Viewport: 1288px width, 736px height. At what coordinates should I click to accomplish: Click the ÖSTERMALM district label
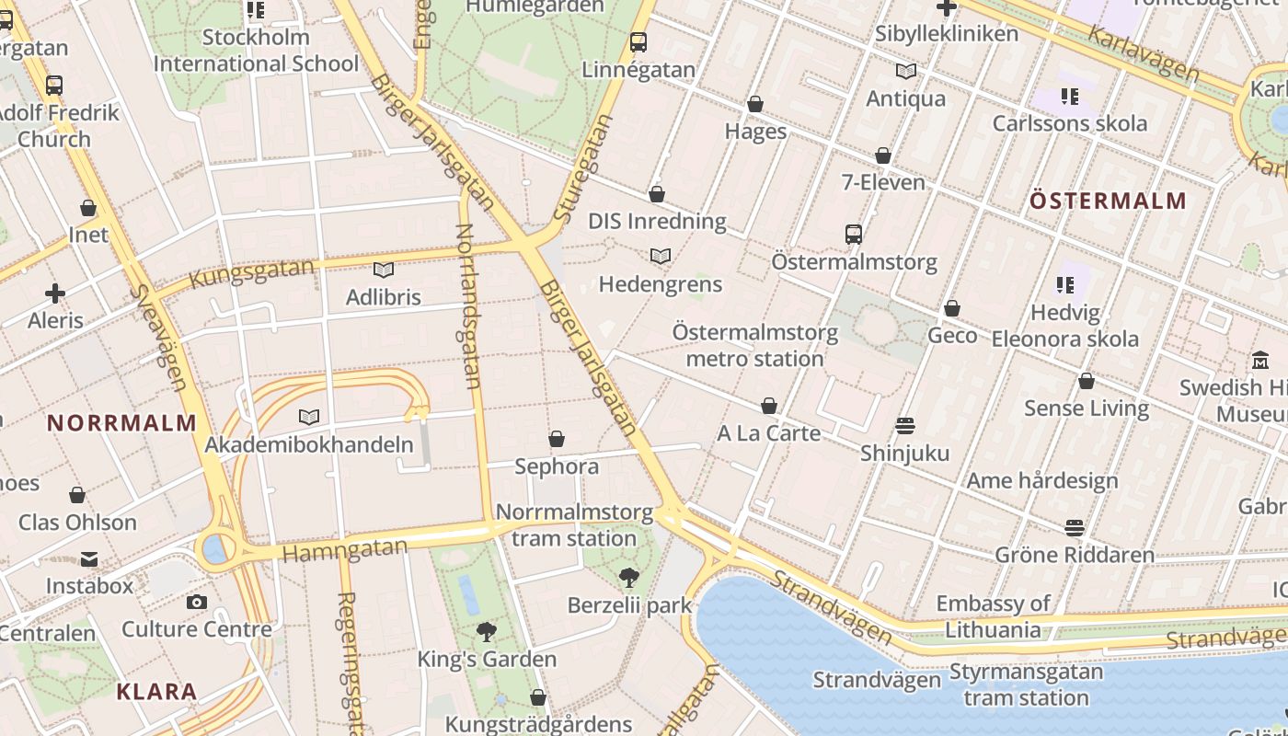click(x=1108, y=201)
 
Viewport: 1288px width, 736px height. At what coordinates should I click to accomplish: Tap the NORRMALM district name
click(x=121, y=423)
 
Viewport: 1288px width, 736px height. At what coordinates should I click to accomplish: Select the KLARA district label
click(x=156, y=692)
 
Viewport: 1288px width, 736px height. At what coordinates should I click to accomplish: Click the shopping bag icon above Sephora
click(x=557, y=440)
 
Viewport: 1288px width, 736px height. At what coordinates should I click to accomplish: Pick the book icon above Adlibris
click(x=384, y=270)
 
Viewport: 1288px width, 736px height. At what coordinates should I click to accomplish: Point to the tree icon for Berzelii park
click(x=629, y=578)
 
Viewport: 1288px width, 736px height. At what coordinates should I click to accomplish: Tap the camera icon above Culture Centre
click(x=196, y=603)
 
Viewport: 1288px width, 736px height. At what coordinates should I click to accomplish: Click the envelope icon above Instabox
click(x=89, y=559)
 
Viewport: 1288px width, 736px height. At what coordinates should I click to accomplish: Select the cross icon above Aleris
click(x=55, y=294)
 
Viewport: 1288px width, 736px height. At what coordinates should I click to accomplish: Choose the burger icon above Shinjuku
click(x=905, y=426)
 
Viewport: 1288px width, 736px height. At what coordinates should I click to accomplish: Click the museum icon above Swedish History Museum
click(x=1260, y=361)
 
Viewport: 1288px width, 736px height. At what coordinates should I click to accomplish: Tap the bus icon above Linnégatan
click(x=638, y=42)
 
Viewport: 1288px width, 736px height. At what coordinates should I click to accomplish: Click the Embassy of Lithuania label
click(x=993, y=616)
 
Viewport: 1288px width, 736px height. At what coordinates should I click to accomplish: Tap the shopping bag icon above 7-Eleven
click(x=883, y=156)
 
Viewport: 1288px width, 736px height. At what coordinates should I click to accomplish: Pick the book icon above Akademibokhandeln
click(x=309, y=418)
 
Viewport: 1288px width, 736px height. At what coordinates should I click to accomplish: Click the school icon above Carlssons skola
click(x=1069, y=97)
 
